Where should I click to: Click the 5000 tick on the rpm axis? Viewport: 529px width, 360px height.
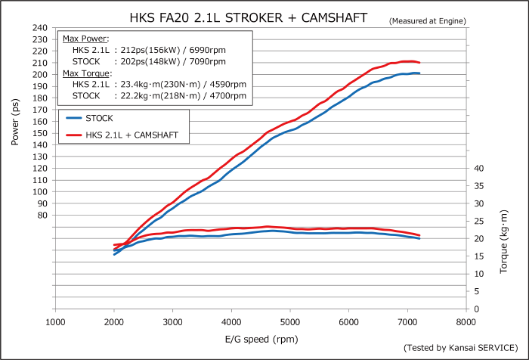click(290, 321)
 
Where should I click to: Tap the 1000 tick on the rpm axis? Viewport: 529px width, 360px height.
click(55, 321)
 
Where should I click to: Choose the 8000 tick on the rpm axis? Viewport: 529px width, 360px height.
click(466, 321)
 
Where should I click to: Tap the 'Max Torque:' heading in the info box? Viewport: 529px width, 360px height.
click(87, 73)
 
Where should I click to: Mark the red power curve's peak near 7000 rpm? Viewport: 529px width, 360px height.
click(408, 61)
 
